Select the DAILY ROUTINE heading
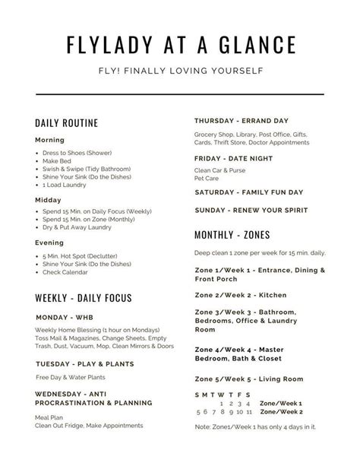(66, 123)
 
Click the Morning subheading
(49, 141)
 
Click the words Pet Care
(207, 179)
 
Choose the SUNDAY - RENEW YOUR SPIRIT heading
(253, 209)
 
